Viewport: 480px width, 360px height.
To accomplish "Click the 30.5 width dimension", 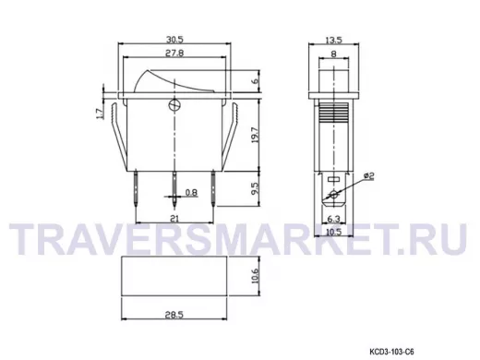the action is click(174, 40).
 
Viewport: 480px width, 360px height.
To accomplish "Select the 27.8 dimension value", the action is click(174, 53).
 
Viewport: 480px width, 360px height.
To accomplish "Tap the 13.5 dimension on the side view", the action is click(333, 40).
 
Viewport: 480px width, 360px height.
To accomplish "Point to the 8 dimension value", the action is click(333, 54).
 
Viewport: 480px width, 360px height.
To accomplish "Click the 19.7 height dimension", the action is click(255, 135).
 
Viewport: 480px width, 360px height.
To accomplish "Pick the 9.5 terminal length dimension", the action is click(255, 188).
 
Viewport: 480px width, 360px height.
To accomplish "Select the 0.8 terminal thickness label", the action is click(191, 193).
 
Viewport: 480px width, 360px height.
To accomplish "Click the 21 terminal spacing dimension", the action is click(174, 218).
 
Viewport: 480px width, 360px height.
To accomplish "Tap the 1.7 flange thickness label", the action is click(100, 114).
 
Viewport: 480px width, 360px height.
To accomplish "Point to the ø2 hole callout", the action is click(368, 176).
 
